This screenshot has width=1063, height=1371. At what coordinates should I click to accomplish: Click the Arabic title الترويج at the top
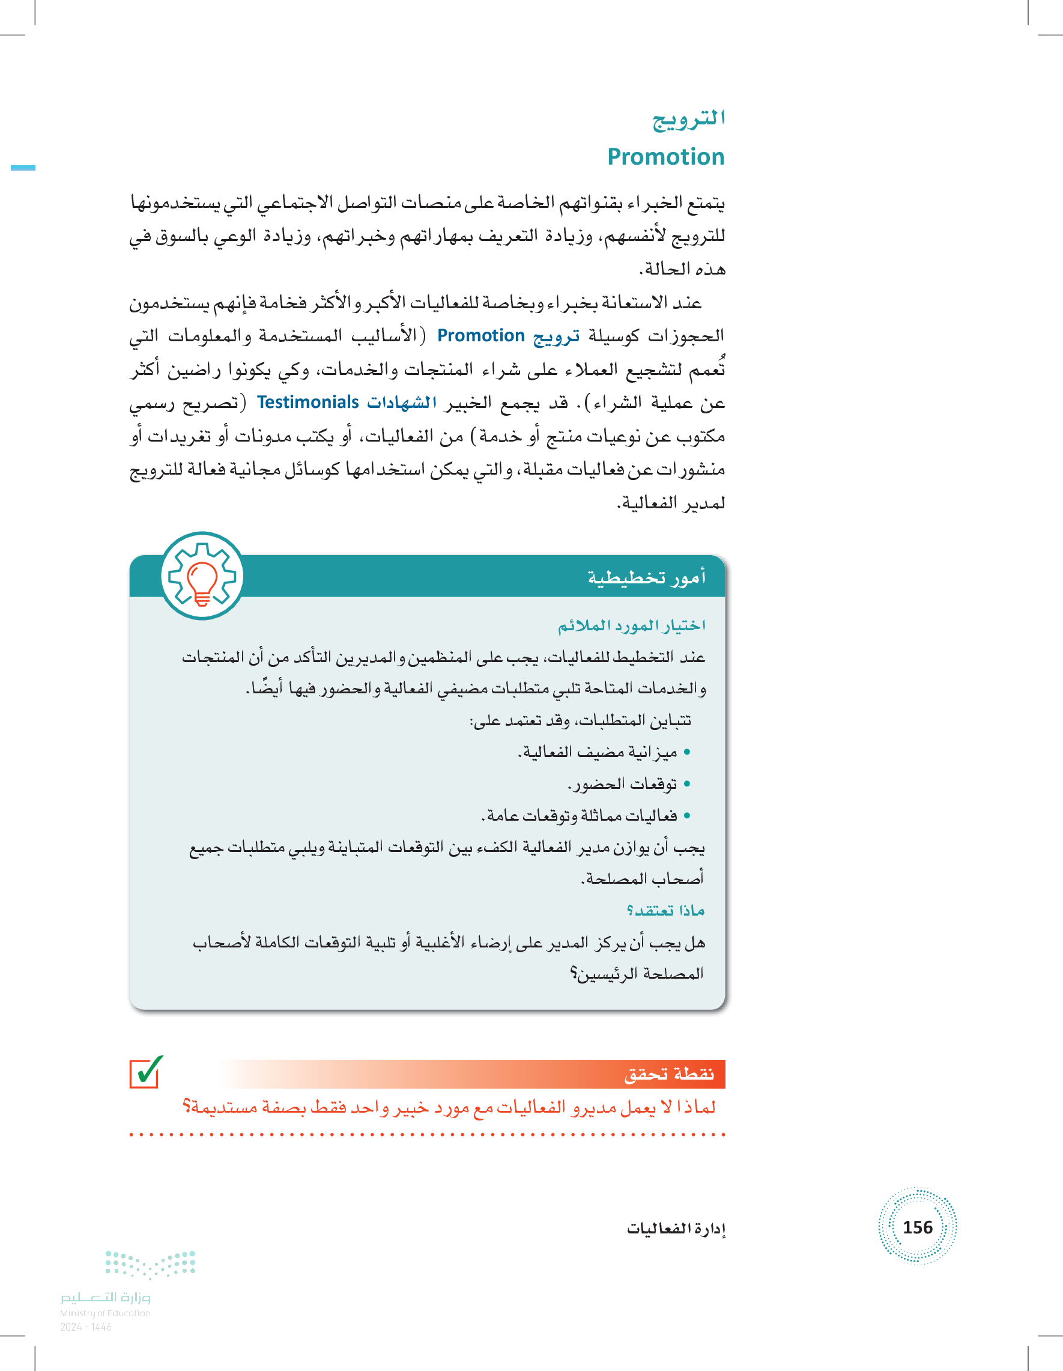(x=688, y=120)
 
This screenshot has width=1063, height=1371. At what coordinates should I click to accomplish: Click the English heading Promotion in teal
(x=665, y=157)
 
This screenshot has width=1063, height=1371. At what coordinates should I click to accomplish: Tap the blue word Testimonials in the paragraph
(x=307, y=403)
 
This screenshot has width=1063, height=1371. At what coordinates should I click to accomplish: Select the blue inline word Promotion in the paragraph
(x=480, y=336)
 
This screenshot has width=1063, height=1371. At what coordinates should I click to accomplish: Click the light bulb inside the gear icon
(x=202, y=582)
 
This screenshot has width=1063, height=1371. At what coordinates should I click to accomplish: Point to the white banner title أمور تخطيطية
(x=646, y=577)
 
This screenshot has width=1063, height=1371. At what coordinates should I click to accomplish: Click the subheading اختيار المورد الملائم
(x=631, y=625)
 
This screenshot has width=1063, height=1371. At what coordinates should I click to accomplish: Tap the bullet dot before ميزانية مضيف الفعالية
(x=686, y=752)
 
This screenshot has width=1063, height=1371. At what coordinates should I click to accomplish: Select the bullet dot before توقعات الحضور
(x=686, y=784)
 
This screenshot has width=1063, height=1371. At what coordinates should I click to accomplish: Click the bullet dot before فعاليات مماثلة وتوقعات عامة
(x=686, y=815)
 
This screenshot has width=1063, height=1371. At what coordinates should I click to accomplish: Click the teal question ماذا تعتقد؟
(x=665, y=910)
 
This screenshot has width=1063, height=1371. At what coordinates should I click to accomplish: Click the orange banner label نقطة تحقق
(x=669, y=1074)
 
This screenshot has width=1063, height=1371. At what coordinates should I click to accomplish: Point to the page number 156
(x=917, y=1227)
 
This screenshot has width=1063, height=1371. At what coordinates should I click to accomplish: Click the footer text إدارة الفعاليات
(x=676, y=1229)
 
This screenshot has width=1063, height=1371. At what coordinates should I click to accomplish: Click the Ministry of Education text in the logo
(x=104, y=1313)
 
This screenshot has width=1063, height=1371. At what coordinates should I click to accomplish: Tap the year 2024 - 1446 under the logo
(x=86, y=1327)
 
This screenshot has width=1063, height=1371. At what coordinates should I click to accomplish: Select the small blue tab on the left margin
(x=23, y=168)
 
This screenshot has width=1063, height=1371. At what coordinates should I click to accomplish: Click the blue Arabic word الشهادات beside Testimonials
(x=402, y=403)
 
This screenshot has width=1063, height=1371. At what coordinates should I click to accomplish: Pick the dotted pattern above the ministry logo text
(x=150, y=1263)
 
